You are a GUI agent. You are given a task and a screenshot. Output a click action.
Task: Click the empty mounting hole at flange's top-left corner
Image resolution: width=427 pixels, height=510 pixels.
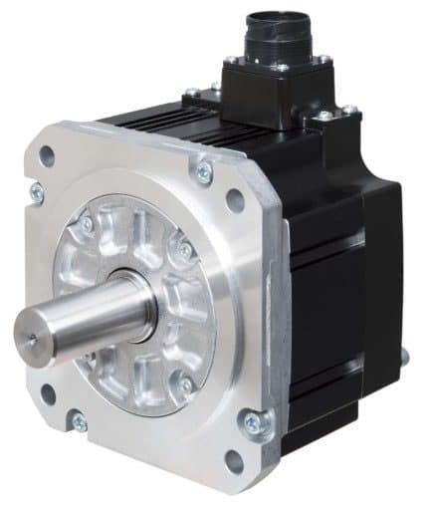coord(47,155)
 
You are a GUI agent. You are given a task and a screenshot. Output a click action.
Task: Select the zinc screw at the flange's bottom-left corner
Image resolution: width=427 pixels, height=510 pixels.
coord(78,423)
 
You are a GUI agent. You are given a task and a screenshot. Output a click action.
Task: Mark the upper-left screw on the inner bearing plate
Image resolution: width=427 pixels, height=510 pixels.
coord(88,225)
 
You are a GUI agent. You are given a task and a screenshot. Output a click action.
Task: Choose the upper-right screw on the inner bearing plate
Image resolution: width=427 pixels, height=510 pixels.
coord(185,252)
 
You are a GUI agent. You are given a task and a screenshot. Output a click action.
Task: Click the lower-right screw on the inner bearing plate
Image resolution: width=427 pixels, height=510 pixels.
coord(186,384)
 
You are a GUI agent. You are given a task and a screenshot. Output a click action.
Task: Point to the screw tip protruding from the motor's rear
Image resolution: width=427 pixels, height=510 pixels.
coord(404,353)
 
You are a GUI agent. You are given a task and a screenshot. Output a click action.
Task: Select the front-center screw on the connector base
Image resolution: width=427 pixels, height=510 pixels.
coord(282,68)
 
